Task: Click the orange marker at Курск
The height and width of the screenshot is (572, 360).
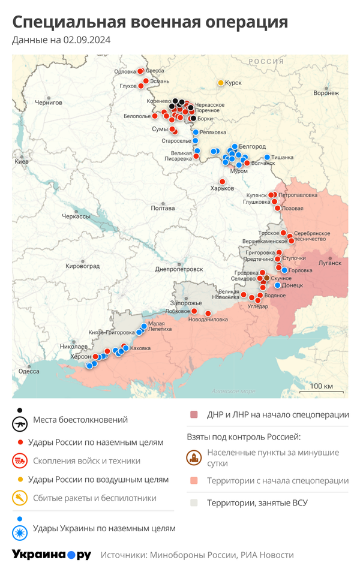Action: (x=221, y=82)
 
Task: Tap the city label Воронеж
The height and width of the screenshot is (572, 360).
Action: (x=326, y=93)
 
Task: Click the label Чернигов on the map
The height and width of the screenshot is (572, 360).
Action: (x=49, y=103)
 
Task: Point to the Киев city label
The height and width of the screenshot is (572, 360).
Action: (x=22, y=162)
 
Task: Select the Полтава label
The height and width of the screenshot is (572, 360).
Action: (x=163, y=208)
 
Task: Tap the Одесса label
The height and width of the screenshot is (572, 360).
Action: (x=29, y=371)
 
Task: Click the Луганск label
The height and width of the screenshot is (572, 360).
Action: (x=329, y=263)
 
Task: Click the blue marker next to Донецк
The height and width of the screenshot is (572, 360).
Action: (x=277, y=285)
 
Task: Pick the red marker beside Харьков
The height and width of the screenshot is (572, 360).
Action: (x=222, y=182)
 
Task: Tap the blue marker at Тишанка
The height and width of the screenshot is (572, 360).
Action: (x=267, y=157)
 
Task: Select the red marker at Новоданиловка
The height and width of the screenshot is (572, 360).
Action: (x=208, y=313)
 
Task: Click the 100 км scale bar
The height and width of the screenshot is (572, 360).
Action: (x=322, y=389)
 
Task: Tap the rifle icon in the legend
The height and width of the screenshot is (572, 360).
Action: (x=20, y=424)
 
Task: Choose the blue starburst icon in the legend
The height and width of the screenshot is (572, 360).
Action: (x=20, y=532)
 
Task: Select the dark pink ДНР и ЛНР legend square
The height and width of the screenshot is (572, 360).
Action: (x=194, y=415)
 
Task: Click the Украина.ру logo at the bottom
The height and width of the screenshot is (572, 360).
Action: (x=52, y=555)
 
